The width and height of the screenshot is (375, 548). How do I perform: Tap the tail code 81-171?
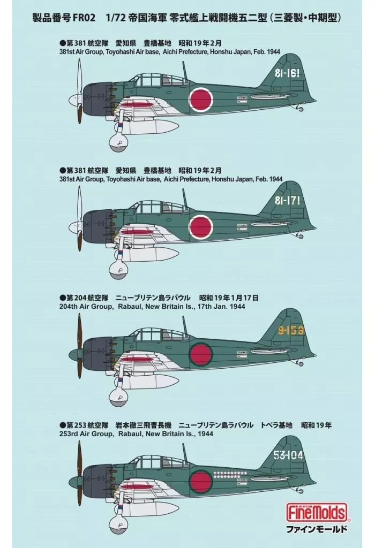coord(287,201)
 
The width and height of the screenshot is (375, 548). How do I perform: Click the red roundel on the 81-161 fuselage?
coord(201,99)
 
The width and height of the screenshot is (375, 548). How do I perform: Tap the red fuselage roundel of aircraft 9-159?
coord(201,354)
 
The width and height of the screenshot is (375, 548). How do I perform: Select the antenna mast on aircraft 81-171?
coord(185,198)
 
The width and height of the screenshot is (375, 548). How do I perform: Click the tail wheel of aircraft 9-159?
coord(300,363)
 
